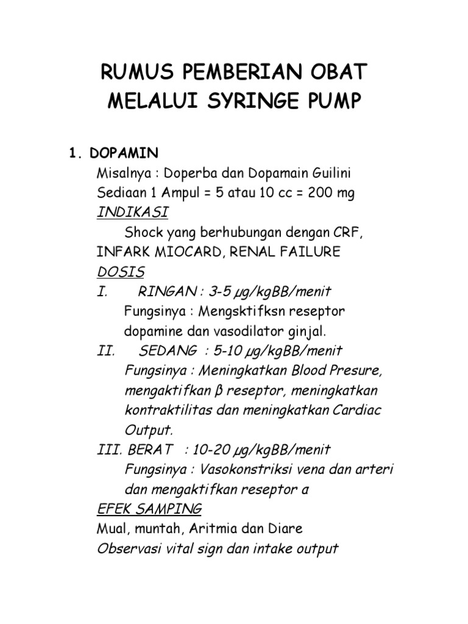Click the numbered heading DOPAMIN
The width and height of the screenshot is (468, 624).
point(115,152)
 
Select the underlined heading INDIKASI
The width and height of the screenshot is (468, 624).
point(133,213)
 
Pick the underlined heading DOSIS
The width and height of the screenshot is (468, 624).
point(120,272)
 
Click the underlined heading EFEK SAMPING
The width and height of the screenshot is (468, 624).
point(149,509)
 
